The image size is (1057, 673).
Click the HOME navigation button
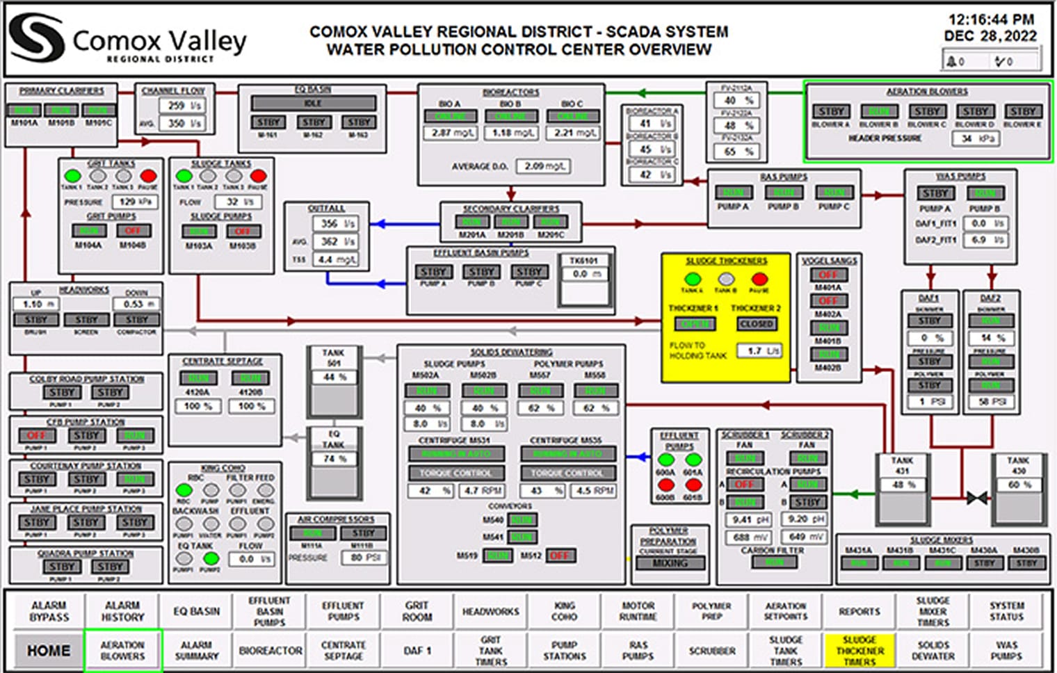pos(48,651)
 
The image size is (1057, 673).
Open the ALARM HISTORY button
pos(122,612)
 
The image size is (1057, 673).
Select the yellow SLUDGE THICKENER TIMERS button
pos(860,651)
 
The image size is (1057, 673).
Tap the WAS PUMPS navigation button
pos(1006,651)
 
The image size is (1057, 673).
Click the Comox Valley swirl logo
pos(36,39)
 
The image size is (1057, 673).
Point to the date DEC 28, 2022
pos(990,36)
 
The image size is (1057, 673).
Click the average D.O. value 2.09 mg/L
pos(543,167)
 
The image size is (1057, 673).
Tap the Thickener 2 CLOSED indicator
pos(757,324)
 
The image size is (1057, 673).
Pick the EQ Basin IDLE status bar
pos(313,103)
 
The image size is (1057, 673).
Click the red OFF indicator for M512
pos(560,556)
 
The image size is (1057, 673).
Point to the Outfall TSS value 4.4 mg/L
pos(337,259)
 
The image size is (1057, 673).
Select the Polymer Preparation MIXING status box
pos(670,563)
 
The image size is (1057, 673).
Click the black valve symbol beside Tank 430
pos(977,498)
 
